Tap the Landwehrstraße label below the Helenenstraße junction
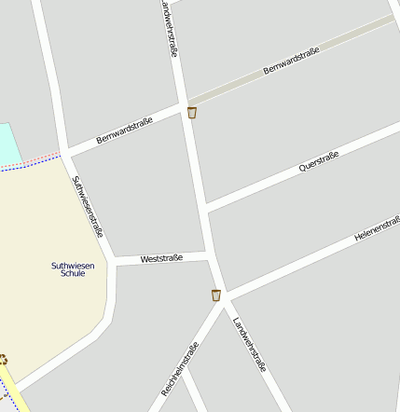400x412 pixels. [x=250, y=344]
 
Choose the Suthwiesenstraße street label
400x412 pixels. [x=88, y=206]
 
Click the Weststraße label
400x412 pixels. [x=161, y=257]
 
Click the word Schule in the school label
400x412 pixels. [x=73, y=274]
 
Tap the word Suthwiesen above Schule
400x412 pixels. [x=73, y=265]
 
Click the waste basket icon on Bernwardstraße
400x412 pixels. [x=192, y=113]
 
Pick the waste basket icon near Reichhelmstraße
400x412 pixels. [x=216, y=295]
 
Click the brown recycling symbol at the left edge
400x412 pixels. [x=3, y=359]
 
